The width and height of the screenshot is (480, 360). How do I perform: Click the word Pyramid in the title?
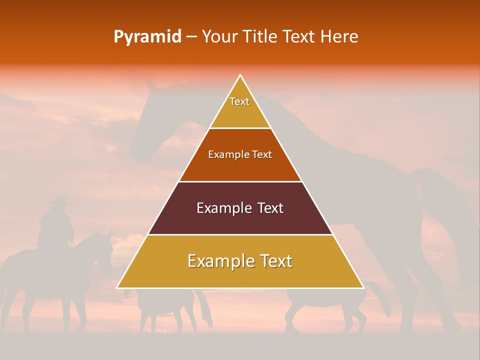pos(147,37)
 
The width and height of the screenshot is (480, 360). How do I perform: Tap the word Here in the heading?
pos(339,36)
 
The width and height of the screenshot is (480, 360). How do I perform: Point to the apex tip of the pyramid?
pos(240,76)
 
